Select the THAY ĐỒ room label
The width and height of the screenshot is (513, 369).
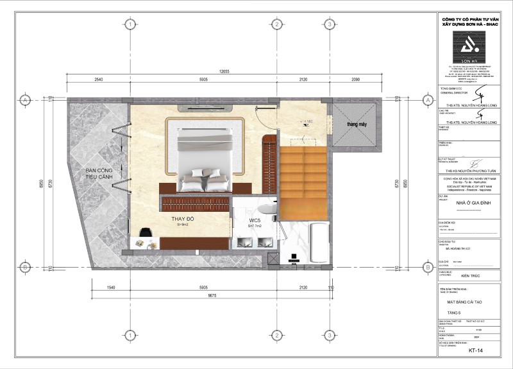pyautogui.click(x=183, y=220)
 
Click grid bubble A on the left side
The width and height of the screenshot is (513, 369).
pyautogui.click(x=24, y=101)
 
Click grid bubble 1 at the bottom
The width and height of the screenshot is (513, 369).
pyautogui.click(x=130, y=335)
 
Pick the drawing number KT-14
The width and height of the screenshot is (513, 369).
pyautogui.click(x=475, y=352)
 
